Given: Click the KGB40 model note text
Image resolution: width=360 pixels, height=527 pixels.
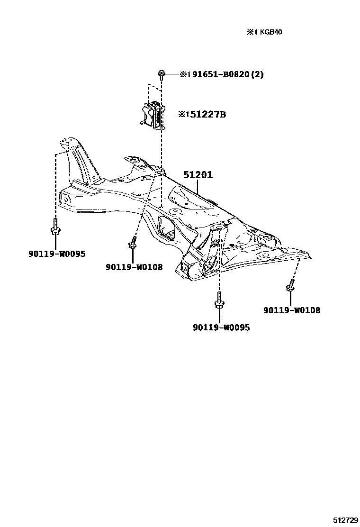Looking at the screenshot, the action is tap(272, 32).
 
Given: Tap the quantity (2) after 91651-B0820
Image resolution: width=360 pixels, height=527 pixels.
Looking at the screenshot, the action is tap(257, 74).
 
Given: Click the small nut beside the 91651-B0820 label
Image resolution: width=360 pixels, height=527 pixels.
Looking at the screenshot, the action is tap(162, 73).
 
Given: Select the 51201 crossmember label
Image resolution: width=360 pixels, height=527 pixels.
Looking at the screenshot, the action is tap(198, 175).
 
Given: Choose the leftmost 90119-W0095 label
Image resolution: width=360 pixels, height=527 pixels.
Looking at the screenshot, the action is tap(56, 254).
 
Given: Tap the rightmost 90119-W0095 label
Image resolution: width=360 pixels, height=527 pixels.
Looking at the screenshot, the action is tap(221, 327).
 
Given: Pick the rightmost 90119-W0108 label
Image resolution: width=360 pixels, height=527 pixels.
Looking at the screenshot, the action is tap(292, 310).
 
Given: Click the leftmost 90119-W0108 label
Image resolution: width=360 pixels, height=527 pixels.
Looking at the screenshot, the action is tap(134, 267).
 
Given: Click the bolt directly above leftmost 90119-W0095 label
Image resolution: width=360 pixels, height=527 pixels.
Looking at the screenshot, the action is tap(55, 227).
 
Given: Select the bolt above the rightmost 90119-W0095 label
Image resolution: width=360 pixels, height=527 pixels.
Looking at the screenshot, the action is tap(219, 300).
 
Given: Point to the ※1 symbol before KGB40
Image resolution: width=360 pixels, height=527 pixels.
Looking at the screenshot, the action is tap(250, 32).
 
